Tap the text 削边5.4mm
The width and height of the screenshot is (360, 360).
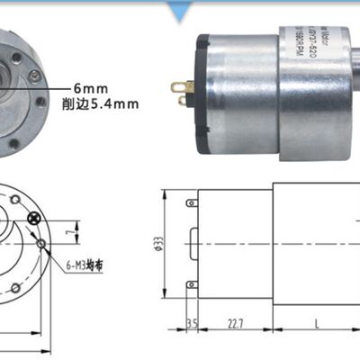tap(102, 103)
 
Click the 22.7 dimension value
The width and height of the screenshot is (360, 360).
tap(237, 322)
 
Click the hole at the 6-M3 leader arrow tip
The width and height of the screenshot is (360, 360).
tap(41, 245)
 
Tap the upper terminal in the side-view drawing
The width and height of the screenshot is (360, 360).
tap(190, 203)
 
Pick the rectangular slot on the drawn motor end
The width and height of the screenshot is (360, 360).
tap(193, 243)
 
